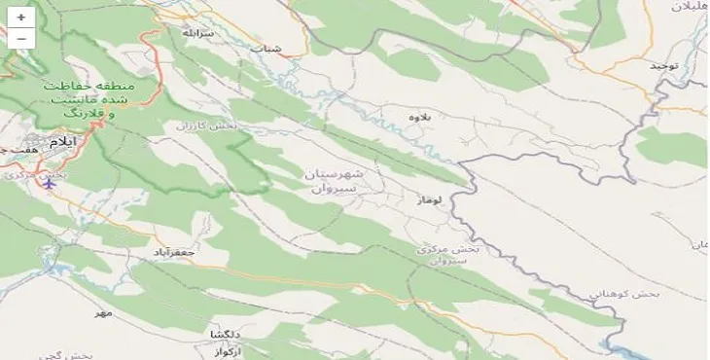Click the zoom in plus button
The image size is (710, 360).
click(x=20, y=18)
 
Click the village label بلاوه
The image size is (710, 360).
click(x=419, y=117)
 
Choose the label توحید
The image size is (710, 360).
click(x=663, y=65)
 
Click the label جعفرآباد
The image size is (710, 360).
click(x=175, y=252)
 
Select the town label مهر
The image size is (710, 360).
click(x=104, y=312)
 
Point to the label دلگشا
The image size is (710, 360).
click(x=225, y=334)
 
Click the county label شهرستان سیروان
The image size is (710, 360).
click(x=334, y=181)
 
